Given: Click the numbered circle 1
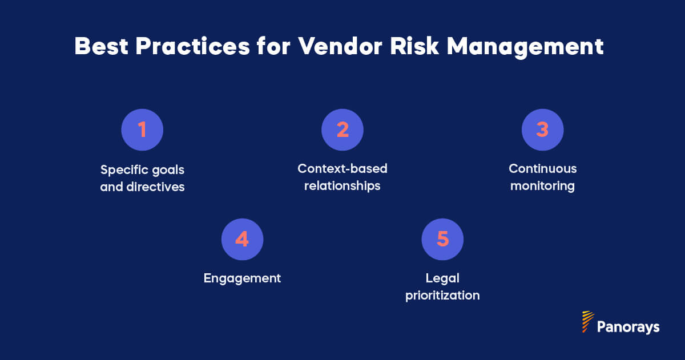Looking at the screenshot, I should [x=142, y=130].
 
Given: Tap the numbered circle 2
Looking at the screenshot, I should [x=342, y=130].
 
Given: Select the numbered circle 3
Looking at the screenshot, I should [x=542, y=130].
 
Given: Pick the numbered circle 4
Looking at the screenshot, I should [x=242, y=239].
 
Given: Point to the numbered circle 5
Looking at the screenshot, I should [x=442, y=239].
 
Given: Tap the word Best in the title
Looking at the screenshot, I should [x=101, y=47].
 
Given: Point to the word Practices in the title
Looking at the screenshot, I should [x=192, y=47].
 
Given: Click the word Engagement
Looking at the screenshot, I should [x=242, y=278].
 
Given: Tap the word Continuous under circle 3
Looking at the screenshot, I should [x=542, y=169].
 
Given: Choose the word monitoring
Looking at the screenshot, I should [x=542, y=187].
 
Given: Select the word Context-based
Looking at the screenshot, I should [x=342, y=169].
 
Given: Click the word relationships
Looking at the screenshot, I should [x=342, y=187].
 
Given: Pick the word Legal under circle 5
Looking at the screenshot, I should [x=442, y=278].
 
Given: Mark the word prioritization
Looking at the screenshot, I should [x=442, y=296].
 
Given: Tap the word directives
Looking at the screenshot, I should [x=152, y=187].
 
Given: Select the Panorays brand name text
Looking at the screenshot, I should [x=628, y=327].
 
